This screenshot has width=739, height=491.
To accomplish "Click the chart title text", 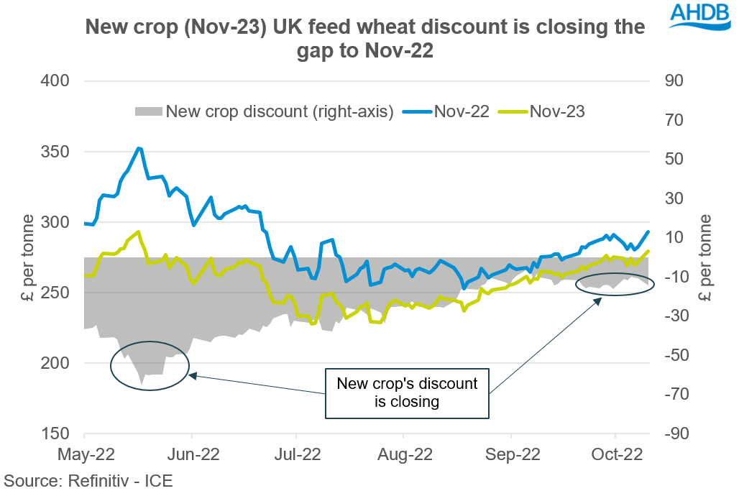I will tap(365, 39).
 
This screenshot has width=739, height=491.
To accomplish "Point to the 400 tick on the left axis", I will tap(55, 81).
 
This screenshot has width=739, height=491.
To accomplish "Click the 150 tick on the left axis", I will tap(55, 433).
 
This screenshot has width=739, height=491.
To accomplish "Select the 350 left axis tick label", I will tap(55, 152).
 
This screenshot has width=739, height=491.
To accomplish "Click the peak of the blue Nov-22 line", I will tap(139, 148).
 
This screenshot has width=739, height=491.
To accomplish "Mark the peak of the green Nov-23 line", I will tap(138, 231).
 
